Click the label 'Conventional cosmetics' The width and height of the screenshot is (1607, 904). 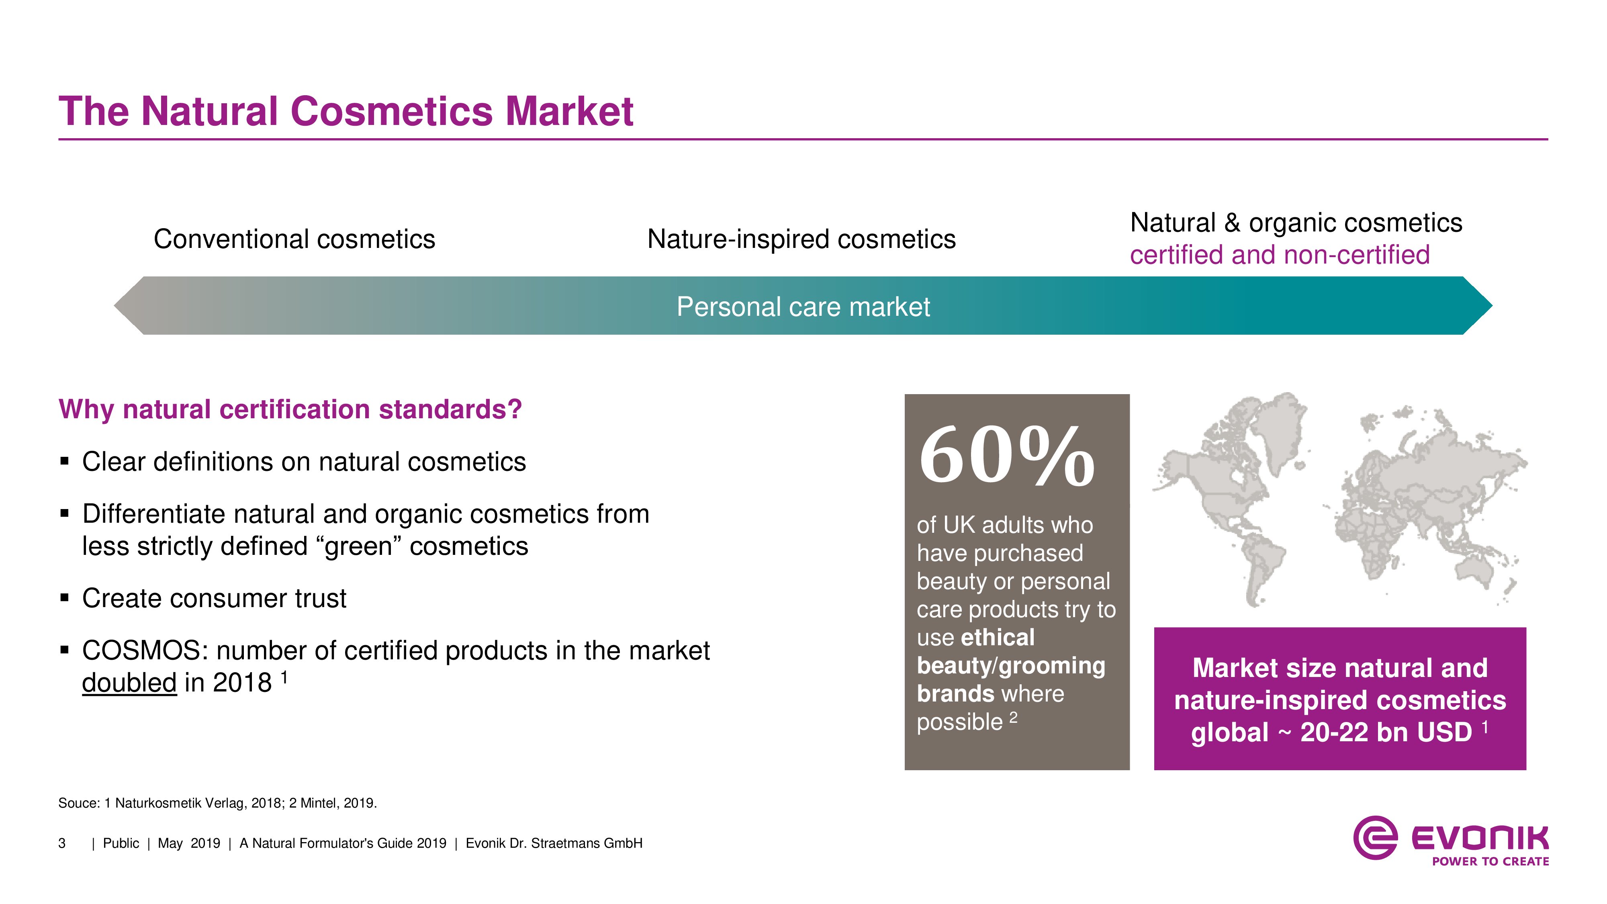click(294, 239)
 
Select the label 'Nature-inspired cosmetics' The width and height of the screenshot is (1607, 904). click(801, 239)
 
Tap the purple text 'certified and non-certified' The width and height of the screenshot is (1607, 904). click(1280, 255)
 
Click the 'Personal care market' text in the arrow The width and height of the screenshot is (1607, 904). click(803, 307)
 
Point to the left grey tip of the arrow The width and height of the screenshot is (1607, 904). click(115, 306)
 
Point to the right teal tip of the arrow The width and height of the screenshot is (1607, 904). click(1492, 306)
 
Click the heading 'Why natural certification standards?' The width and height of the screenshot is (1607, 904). click(290, 409)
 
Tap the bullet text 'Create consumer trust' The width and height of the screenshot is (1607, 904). click(214, 598)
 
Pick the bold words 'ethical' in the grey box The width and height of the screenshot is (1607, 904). click(998, 638)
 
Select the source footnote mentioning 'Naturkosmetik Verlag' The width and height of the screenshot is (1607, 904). click(218, 803)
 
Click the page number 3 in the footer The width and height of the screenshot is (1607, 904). click(62, 843)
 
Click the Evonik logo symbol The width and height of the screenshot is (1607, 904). click(1375, 838)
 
